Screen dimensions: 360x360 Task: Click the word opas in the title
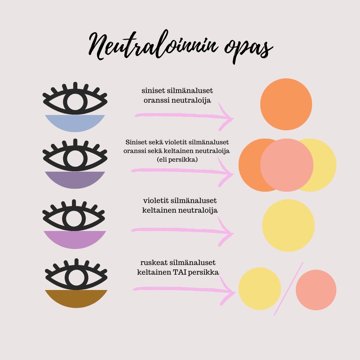pyautogui.click(x=249, y=49)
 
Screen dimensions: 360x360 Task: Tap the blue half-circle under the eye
pyautogui.click(x=75, y=123)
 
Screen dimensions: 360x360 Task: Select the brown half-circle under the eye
pyautogui.click(x=76, y=298)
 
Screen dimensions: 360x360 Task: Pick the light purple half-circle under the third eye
pyautogui.click(x=75, y=239)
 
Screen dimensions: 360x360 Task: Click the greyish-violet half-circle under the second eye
pyautogui.click(x=75, y=179)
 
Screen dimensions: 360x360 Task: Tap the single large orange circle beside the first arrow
pyautogui.click(x=286, y=104)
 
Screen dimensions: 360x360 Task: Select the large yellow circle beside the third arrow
pyautogui.click(x=288, y=225)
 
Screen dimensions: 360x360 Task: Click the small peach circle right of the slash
pyautogui.click(x=316, y=290)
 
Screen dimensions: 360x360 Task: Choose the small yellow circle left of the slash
pyautogui.click(x=260, y=289)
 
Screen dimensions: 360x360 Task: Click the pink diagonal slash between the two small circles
pyautogui.click(x=289, y=288)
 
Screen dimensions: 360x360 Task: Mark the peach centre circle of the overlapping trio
pyautogui.click(x=287, y=165)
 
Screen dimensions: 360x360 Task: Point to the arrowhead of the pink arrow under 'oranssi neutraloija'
pyautogui.click(x=226, y=117)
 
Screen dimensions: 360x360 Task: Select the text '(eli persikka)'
pyautogui.click(x=177, y=160)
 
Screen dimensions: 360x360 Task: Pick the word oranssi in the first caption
pyautogui.click(x=157, y=101)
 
